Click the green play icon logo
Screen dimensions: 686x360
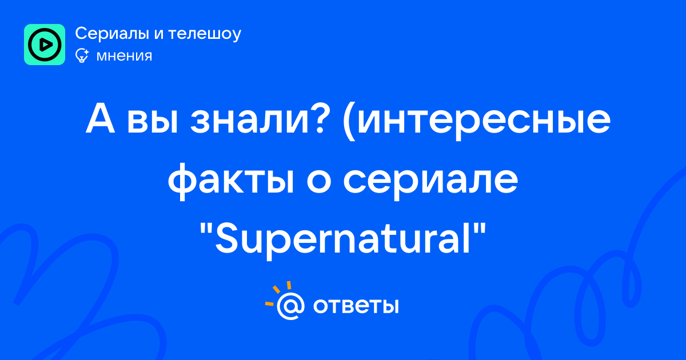[45, 45]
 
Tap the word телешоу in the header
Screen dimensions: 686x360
[205, 34]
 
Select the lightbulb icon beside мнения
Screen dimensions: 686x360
[82, 55]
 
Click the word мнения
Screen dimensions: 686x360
[124, 57]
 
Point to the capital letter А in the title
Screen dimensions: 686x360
[100, 119]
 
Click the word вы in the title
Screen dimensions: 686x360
[152, 123]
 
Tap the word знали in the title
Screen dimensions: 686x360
[249, 123]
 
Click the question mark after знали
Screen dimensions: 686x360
[318, 119]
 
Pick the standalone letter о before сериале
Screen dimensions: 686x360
[319, 183]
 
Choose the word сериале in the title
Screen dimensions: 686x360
[430, 183]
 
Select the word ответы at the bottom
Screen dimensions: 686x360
[356, 306]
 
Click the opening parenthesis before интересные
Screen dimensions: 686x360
[349, 122]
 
